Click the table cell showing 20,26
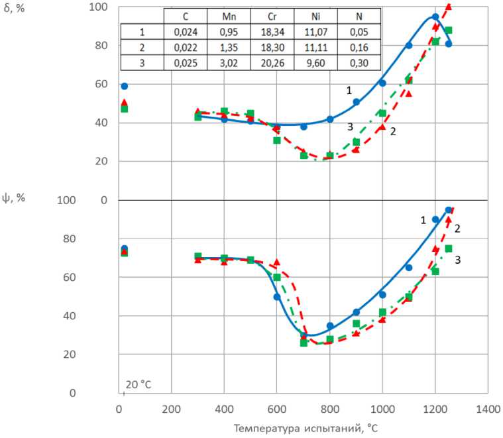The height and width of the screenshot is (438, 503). (x=281, y=62)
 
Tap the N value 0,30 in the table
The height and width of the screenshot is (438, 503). (x=359, y=62)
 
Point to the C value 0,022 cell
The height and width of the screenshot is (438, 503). (x=185, y=47)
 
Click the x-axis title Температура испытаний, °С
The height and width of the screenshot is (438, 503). (x=306, y=428)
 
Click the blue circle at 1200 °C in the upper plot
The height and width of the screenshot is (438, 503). (x=435, y=17)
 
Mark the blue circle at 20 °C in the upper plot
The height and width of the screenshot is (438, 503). (x=124, y=86)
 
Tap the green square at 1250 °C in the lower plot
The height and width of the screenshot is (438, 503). (x=449, y=248)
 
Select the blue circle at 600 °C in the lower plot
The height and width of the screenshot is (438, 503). (x=277, y=296)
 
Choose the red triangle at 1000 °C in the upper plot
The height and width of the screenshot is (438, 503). (x=382, y=127)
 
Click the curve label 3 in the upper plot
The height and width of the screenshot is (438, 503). (x=350, y=127)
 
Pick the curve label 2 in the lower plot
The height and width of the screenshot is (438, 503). (x=457, y=229)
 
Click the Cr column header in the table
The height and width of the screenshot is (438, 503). (x=281, y=17)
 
